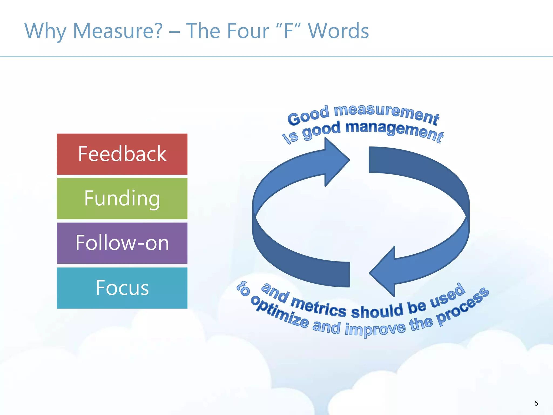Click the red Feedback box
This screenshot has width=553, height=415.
tap(122, 154)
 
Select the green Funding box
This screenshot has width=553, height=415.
tap(122, 199)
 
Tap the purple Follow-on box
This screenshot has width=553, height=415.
tap(122, 243)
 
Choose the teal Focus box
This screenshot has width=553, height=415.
tap(122, 288)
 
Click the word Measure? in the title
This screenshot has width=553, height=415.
tap(118, 31)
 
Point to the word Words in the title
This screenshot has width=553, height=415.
tap(338, 31)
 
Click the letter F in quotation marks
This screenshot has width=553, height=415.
tap(289, 31)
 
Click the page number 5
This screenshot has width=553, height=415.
tap(536, 403)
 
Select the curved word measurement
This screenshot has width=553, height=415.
tap(386, 113)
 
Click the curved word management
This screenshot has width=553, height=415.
tap(394, 131)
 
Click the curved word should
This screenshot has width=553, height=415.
tap(377, 311)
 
